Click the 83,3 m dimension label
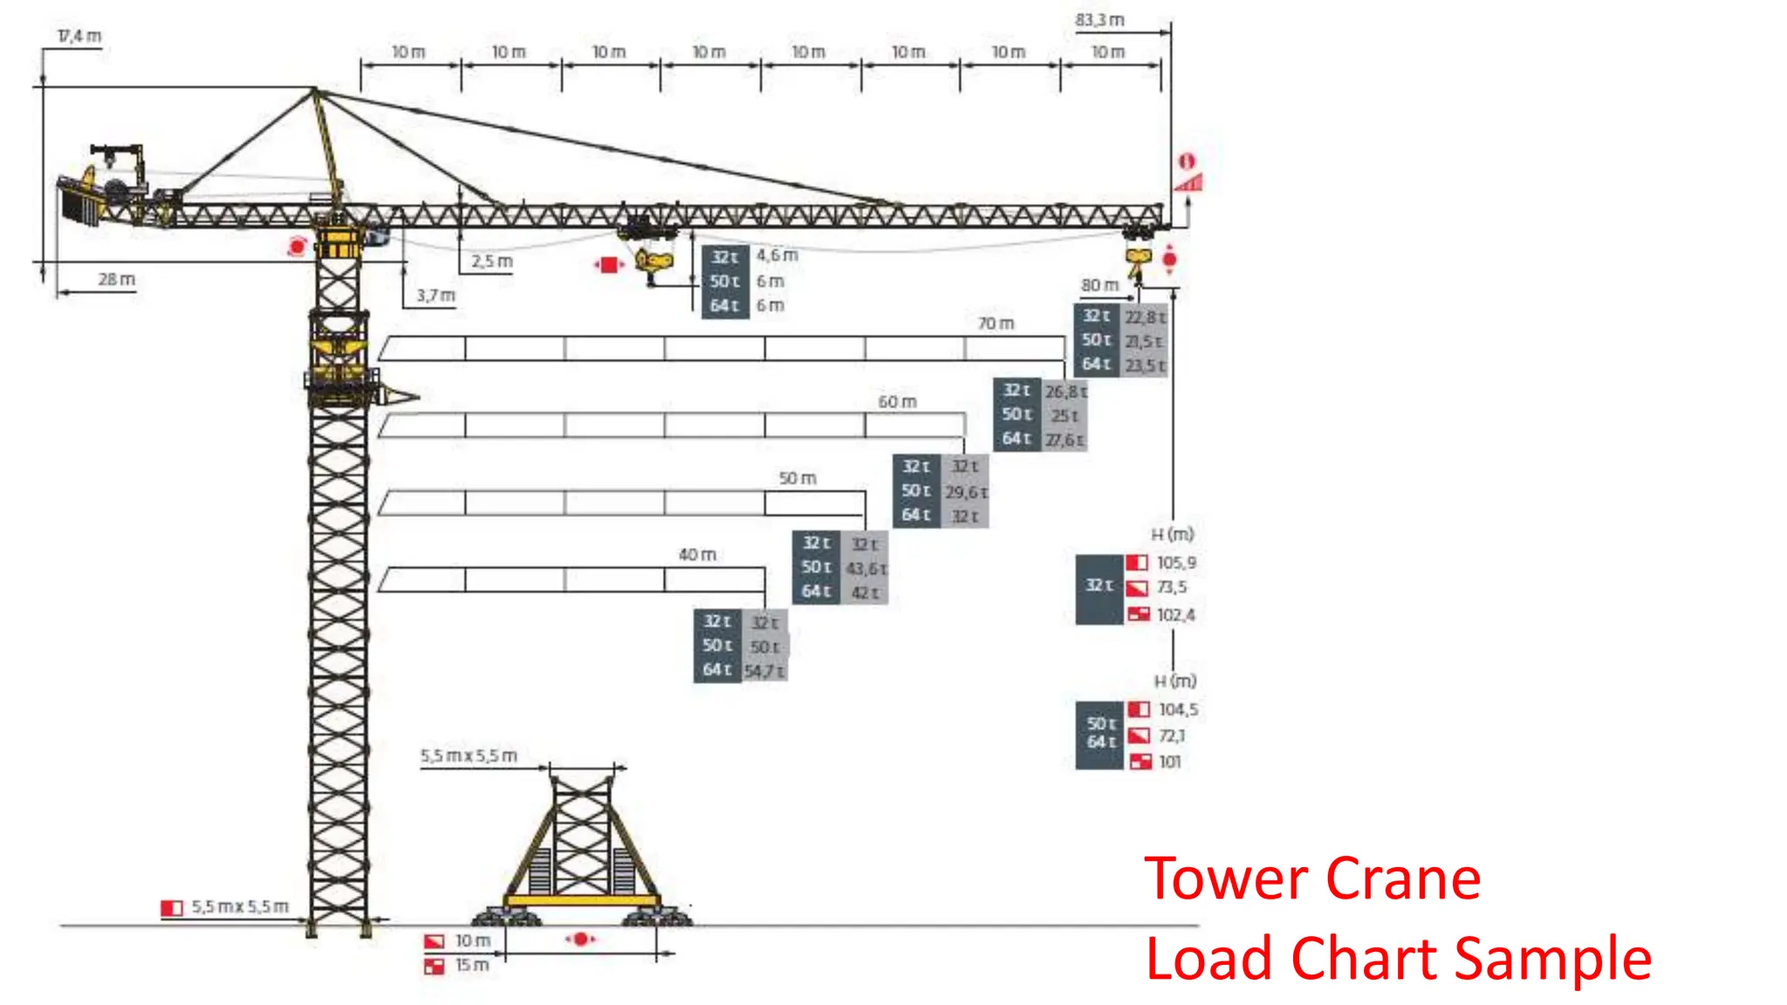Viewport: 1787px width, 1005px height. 1099,20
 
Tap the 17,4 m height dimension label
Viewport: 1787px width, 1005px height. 79,37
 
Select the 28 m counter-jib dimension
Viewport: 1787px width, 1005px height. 116,280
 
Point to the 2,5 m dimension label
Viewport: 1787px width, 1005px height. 492,262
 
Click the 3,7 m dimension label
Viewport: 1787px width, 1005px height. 435,296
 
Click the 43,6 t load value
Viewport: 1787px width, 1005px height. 866,569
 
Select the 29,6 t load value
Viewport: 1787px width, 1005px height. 966,493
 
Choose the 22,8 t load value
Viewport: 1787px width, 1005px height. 1144,318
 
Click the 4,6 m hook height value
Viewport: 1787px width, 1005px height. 777,256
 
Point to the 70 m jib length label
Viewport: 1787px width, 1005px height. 996,324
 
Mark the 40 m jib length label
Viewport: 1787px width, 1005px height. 697,555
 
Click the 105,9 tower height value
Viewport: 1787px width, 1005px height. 1176,564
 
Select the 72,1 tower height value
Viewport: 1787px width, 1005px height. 1171,736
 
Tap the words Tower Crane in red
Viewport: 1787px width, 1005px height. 1311,879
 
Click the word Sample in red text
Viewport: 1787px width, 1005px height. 1552,959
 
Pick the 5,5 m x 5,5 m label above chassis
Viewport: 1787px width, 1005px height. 469,755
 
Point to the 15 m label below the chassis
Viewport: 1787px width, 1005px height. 471,966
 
